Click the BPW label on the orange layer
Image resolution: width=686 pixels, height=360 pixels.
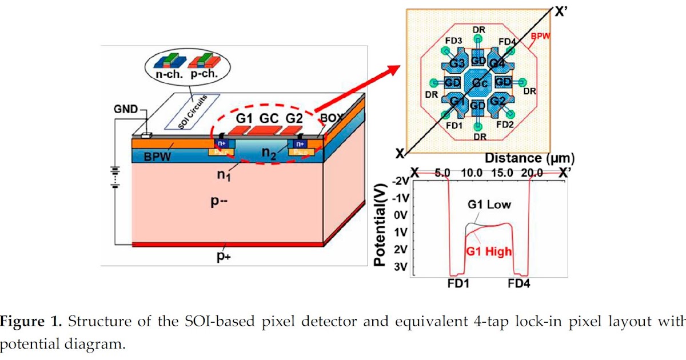click(x=157, y=156)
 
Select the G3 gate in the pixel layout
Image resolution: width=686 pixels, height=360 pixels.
click(x=456, y=62)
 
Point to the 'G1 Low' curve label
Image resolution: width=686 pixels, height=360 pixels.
click(x=490, y=205)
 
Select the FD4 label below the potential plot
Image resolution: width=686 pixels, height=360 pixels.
click(x=517, y=283)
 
